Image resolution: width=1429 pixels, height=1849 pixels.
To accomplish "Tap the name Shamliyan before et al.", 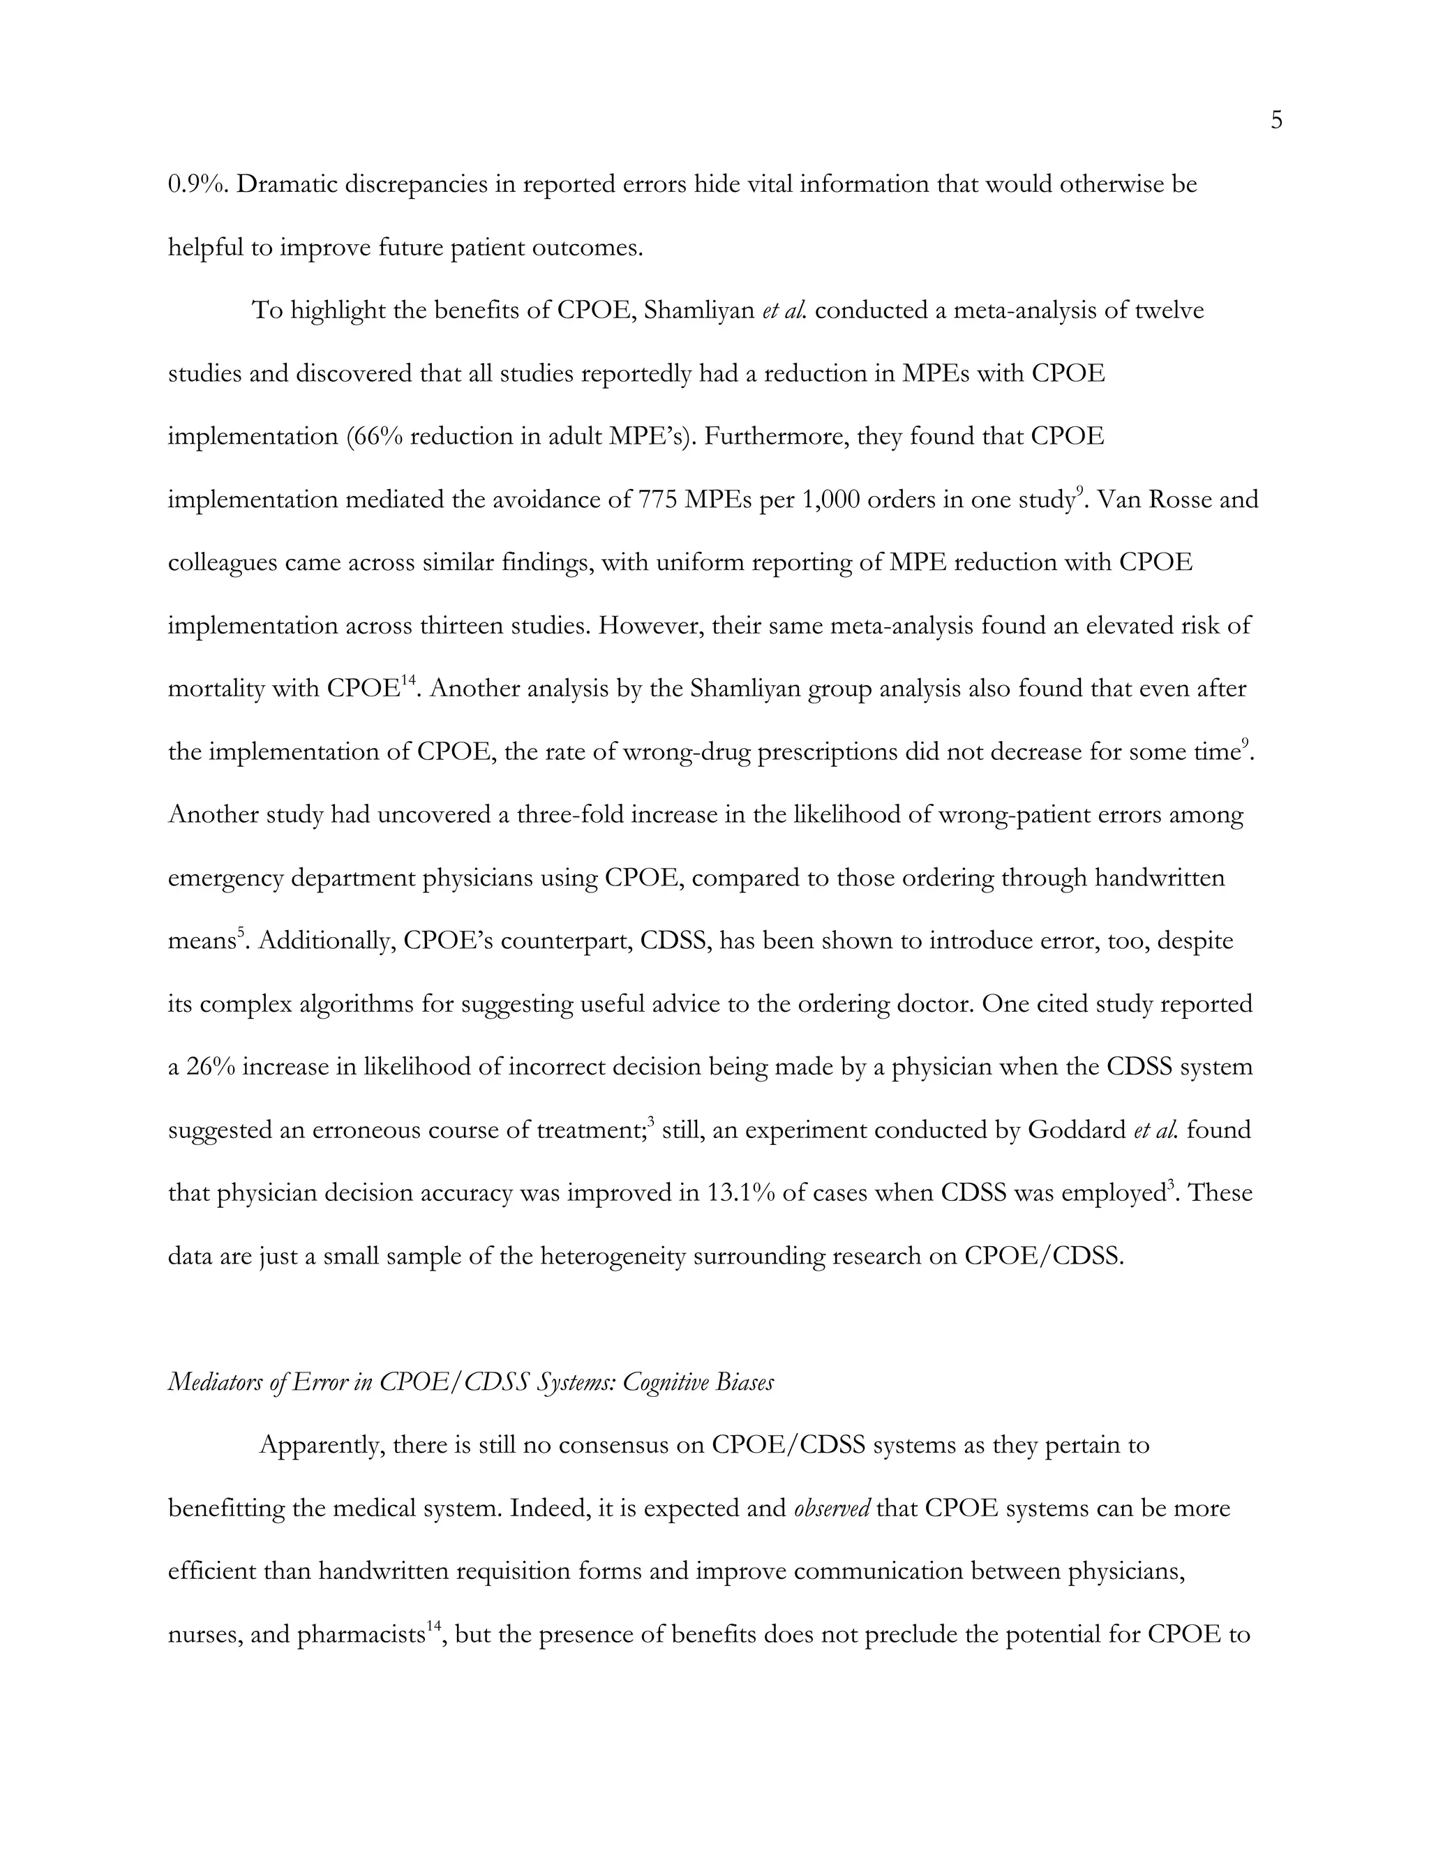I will pyautogui.click(x=698, y=310).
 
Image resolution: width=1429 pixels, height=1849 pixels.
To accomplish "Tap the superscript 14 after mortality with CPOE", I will pyautogui.click(x=410, y=680).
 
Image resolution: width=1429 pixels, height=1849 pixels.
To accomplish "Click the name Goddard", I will pyautogui.click(x=1076, y=1130).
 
